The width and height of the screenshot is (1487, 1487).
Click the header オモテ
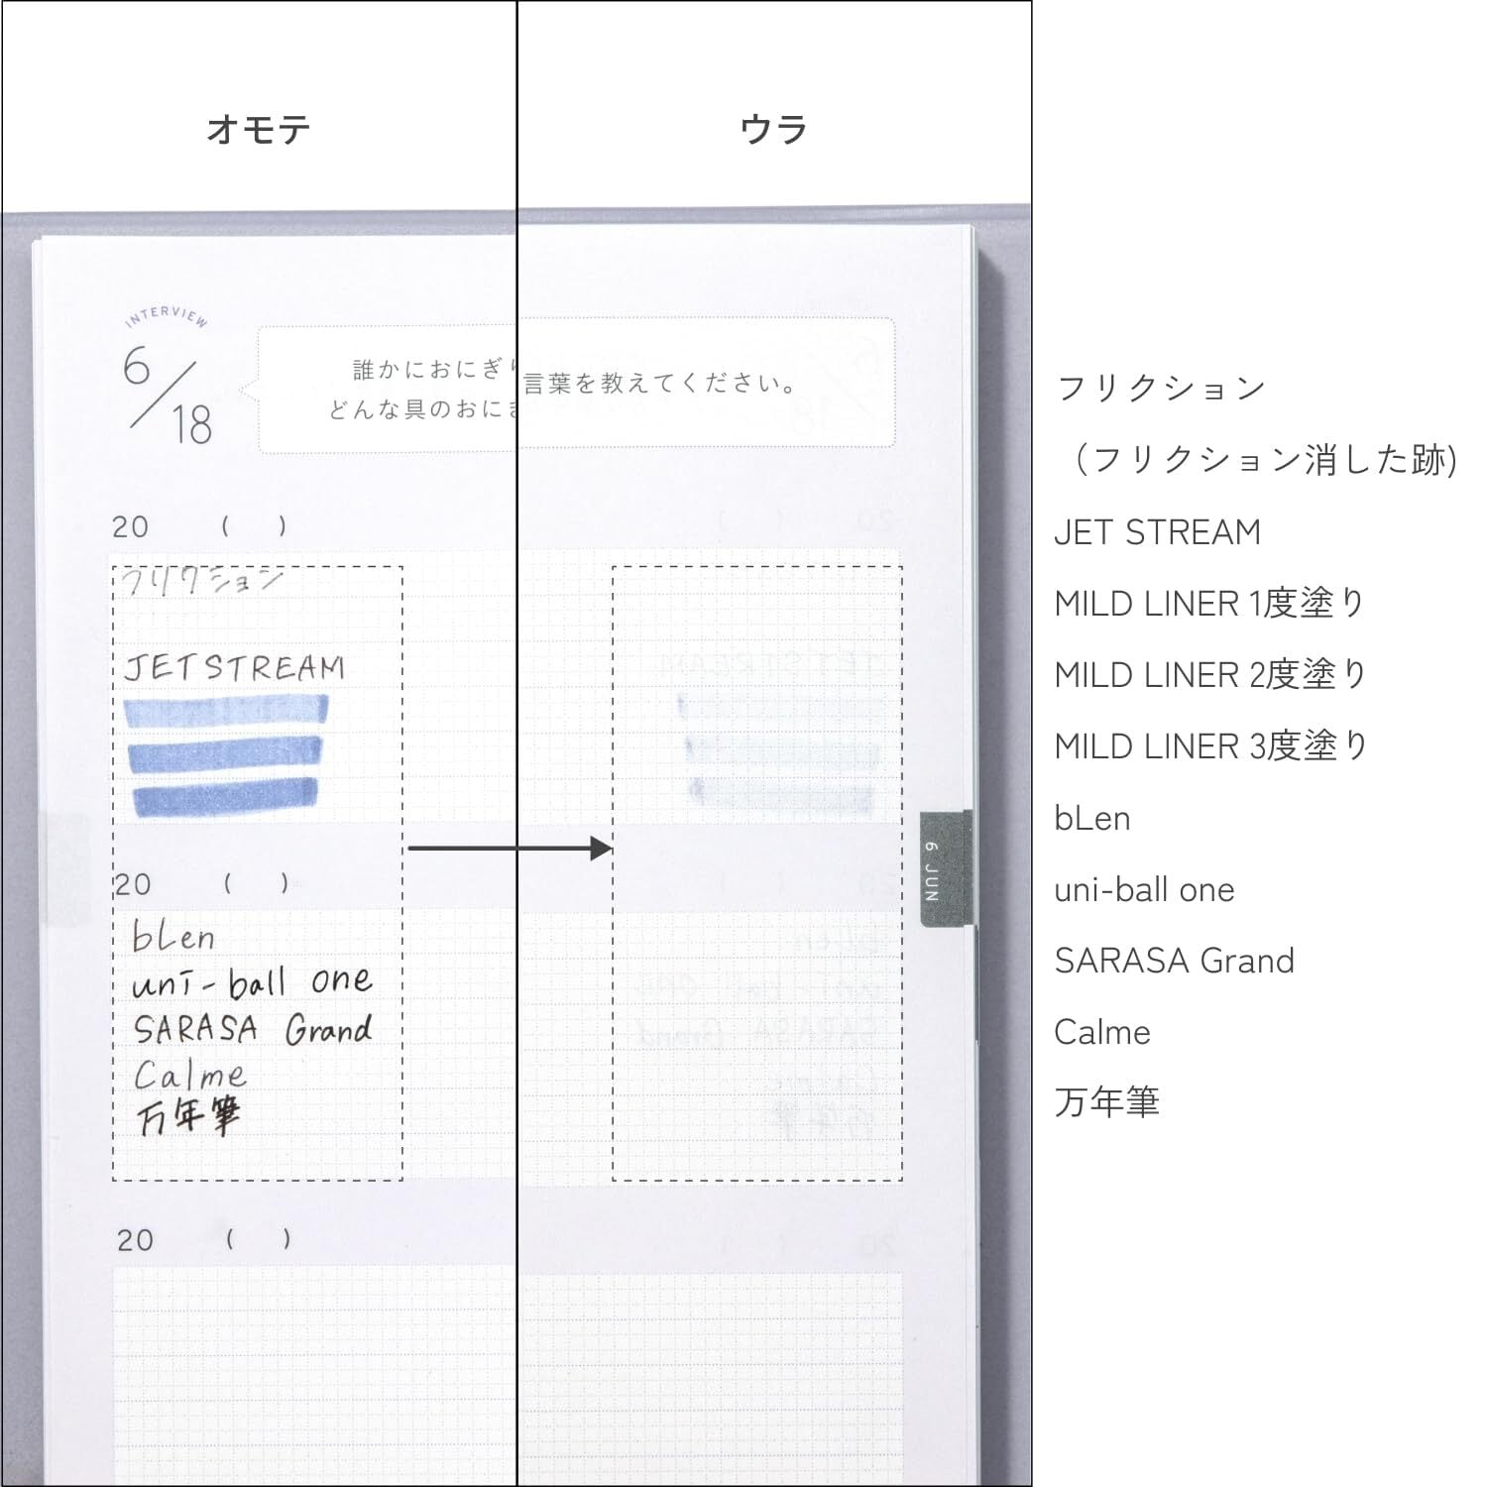259,130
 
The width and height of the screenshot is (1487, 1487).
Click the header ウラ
774,130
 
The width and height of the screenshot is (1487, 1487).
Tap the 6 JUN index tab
945,869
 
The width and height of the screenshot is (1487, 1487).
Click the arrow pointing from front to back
510,849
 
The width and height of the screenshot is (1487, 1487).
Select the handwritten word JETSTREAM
235,667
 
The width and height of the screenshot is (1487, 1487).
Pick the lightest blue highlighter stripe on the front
226,712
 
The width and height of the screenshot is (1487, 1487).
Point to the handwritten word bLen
173,936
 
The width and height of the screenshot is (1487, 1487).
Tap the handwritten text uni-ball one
253,981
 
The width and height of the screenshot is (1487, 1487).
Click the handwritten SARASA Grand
254,1029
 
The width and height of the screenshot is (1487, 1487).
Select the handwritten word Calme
189,1075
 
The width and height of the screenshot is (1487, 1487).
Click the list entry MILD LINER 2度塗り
1210,675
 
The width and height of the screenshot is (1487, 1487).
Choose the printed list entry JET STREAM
1157,532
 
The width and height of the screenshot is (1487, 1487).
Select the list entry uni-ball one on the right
1144,890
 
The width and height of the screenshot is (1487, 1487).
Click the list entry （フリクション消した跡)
1265,460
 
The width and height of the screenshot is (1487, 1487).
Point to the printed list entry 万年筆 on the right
1106,1102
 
